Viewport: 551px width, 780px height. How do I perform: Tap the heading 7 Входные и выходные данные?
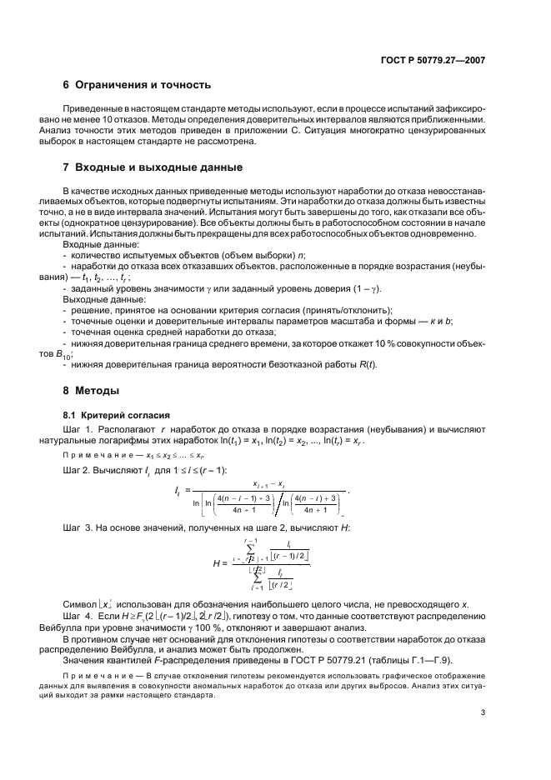point(148,167)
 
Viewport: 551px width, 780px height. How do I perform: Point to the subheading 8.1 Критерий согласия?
point(112,414)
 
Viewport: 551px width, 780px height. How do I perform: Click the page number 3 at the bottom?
point(483,711)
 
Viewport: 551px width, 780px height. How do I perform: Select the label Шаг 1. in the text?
point(78,428)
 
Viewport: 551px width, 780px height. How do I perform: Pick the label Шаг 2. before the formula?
point(78,470)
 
